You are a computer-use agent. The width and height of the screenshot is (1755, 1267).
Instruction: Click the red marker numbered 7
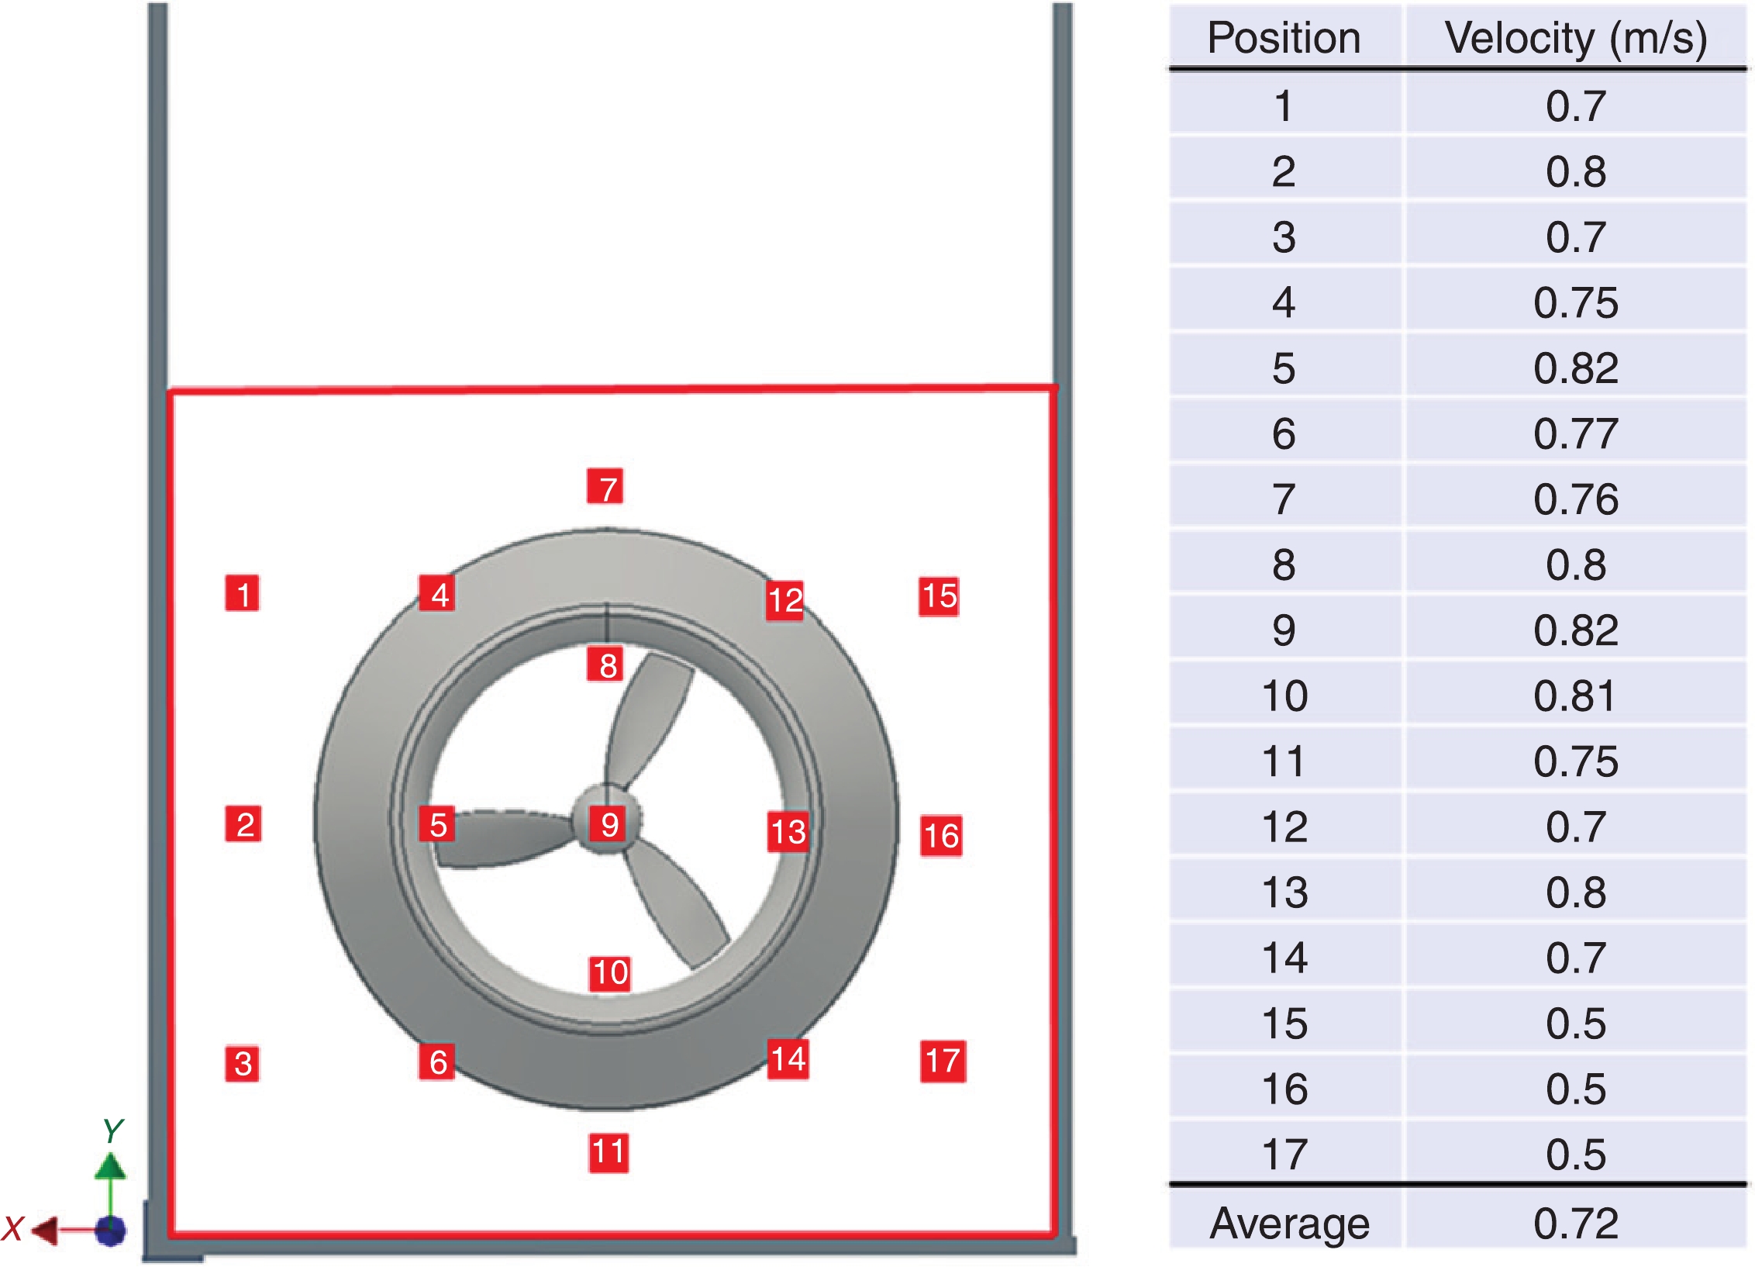605,486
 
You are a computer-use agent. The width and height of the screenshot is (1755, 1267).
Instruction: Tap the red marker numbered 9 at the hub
609,824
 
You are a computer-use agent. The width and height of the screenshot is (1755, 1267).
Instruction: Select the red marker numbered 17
943,1061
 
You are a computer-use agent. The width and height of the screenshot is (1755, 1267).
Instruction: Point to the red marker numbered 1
242,593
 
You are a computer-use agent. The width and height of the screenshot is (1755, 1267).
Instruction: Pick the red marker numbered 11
609,1152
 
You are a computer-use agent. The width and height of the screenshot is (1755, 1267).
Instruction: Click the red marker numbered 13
788,832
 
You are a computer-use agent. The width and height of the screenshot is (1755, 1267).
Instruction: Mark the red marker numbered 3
242,1063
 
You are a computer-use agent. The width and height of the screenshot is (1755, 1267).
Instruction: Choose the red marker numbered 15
939,596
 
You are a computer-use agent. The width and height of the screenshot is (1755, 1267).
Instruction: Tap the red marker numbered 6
437,1062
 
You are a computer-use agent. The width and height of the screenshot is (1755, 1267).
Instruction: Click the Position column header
1284,37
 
